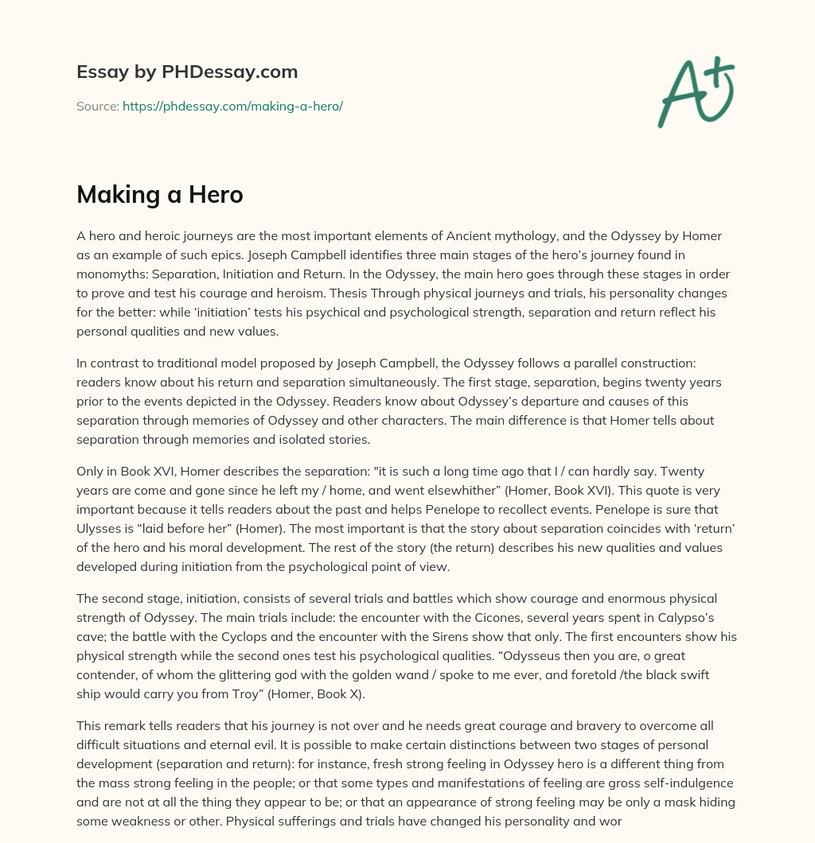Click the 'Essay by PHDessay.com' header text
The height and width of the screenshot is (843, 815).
187,72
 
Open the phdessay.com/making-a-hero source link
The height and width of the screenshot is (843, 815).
232,106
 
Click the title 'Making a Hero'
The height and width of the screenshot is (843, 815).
159,195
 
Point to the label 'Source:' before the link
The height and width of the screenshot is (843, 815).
98,106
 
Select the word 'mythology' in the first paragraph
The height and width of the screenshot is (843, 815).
585,237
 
